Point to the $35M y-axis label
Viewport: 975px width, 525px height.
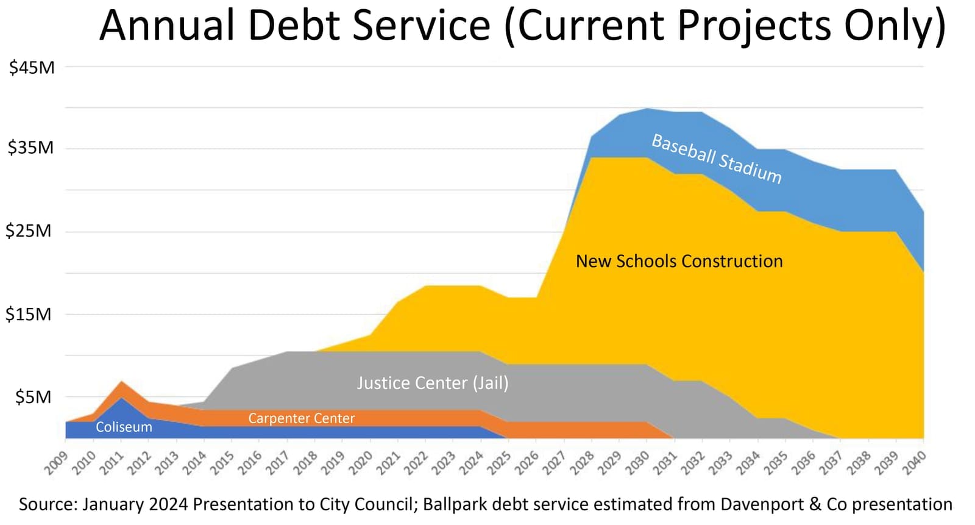pyautogui.click(x=30, y=148)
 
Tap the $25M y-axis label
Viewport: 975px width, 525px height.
pyautogui.click(x=29, y=231)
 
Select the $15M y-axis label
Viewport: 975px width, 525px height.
pyautogui.click(x=29, y=315)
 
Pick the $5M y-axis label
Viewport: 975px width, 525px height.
pyautogui.click(x=34, y=398)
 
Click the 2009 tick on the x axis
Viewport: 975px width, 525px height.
pyautogui.click(x=56, y=463)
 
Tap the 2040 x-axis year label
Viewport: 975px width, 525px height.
pyautogui.click(x=913, y=463)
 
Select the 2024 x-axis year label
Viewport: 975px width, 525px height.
pyautogui.click(x=471, y=463)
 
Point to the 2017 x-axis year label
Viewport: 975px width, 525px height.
pyautogui.click(x=277, y=463)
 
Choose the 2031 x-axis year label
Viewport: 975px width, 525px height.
pyautogui.click(x=665, y=463)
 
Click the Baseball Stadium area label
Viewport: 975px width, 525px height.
pyautogui.click(x=716, y=159)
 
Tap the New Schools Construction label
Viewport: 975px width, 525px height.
pyautogui.click(x=679, y=262)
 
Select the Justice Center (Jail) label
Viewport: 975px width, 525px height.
pyautogui.click(x=432, y=383)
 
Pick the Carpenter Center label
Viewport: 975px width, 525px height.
pyautogui.click(x=301, y=418)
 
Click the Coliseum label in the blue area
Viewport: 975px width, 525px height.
pyautogui.click(x=124, y=427)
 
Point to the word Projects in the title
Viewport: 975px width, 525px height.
pyautogui.click(x=754, y=26)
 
